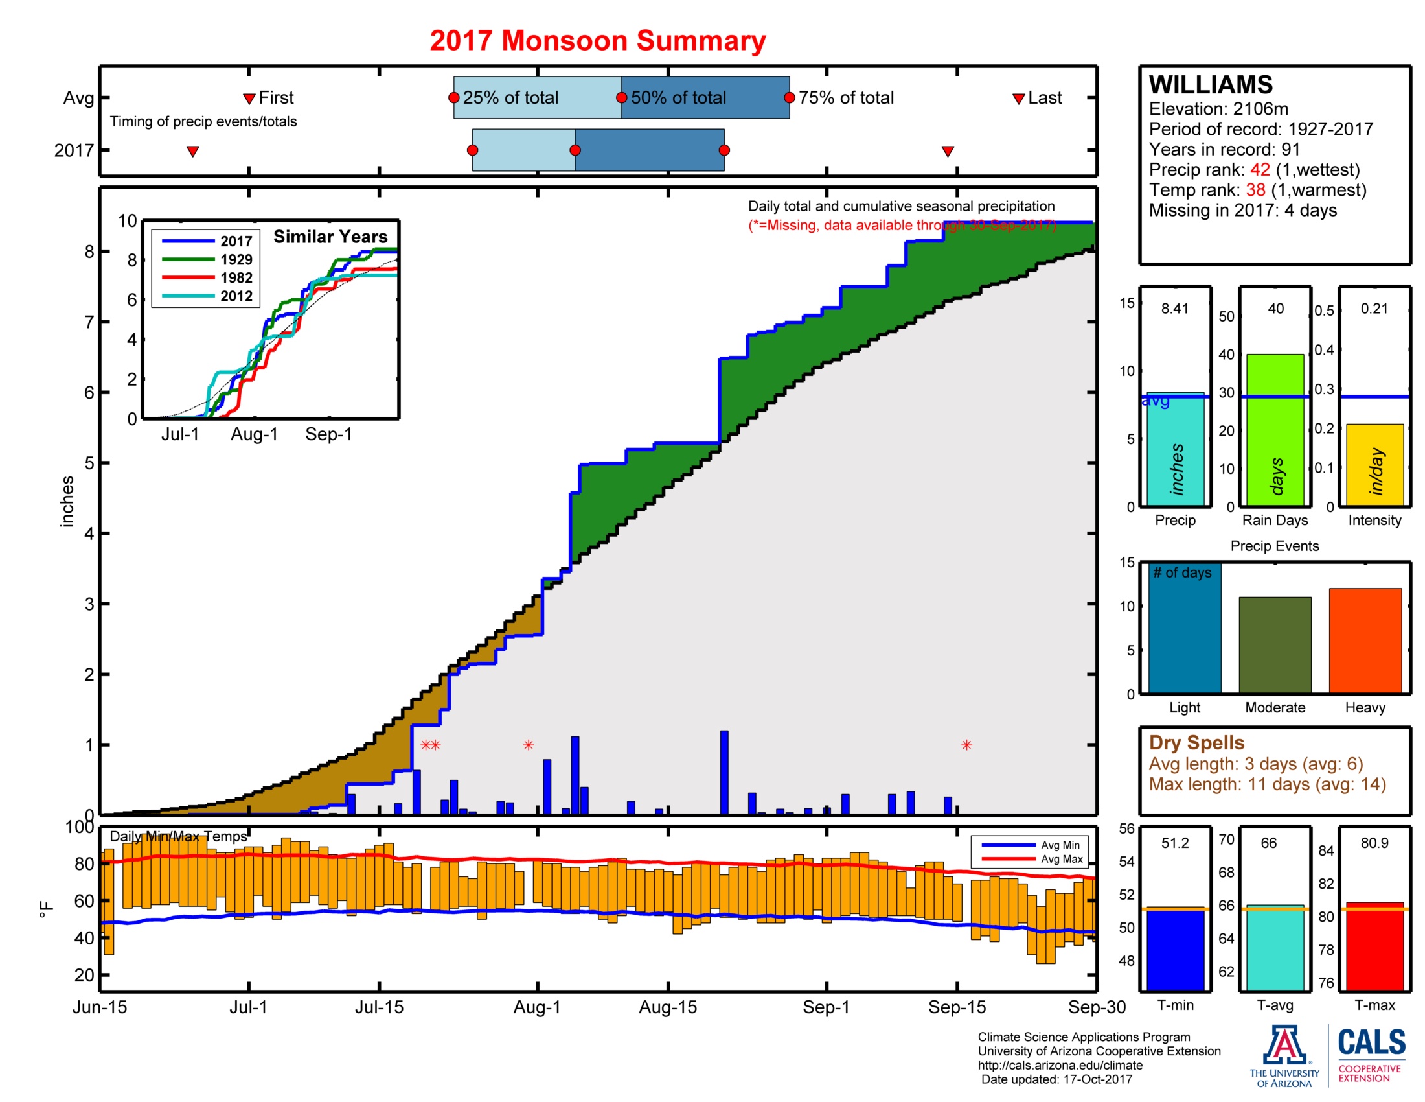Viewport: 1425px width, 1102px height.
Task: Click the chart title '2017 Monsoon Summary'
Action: [x=597, y=40]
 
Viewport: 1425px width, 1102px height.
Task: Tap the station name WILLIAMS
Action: [x=1211, y=85]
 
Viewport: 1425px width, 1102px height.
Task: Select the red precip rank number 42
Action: [x=1259, y=170]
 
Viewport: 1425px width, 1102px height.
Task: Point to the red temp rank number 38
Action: [x=1255, y=190]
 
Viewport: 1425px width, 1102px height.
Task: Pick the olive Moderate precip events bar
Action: [x=1274, y=644]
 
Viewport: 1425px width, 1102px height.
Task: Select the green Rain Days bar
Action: [x=1274, y=430]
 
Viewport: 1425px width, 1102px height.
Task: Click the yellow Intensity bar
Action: [x=1374, y=464]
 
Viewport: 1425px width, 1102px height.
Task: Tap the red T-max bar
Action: [x=1374, y=946]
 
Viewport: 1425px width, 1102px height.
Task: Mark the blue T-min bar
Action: [x=1174, y=950]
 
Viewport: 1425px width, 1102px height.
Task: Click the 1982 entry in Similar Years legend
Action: [x=236, y=277]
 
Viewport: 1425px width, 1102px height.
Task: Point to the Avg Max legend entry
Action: [x=1061, y=859]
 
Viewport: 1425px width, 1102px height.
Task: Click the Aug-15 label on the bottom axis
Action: [x=667, y=1007]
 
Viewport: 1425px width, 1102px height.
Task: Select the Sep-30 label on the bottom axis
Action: [x=1096, y=1007]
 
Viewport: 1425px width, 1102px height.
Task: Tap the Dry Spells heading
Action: [x=1196, y=742]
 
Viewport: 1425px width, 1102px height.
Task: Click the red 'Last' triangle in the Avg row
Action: [x=1018, y=99]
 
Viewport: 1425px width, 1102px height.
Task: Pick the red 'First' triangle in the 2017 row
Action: [x=192, y=152]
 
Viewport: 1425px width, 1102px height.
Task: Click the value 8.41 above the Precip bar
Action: [x=1174, y=309]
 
